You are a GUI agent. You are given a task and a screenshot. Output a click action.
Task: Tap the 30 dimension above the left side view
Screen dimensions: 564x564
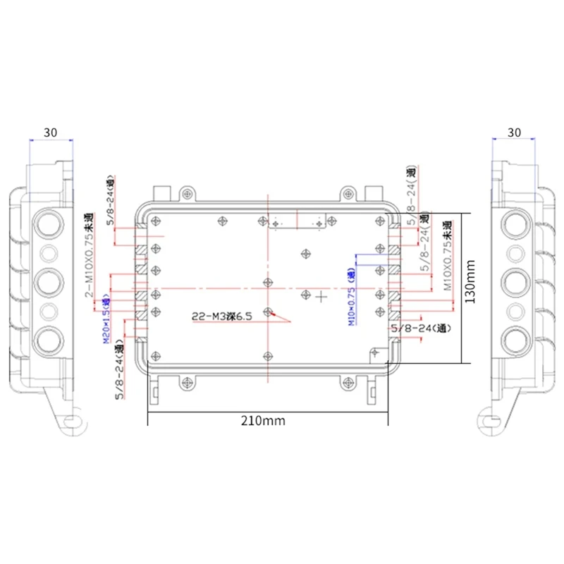(x=50, y=132)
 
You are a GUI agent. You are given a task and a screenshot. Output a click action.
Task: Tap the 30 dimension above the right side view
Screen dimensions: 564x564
(x=514, y=132)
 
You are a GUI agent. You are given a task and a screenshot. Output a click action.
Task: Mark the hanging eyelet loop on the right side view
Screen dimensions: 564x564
(x=487, y=423)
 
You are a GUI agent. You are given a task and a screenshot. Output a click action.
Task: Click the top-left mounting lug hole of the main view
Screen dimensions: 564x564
(x=187, y=192)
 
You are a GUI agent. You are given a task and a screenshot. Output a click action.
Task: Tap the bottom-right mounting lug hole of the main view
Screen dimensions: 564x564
(x=348, y=382)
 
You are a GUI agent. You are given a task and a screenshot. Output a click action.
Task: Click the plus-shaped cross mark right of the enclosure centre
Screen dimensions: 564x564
(x=321, y=297)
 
